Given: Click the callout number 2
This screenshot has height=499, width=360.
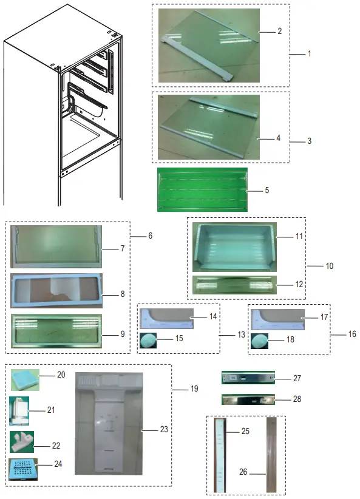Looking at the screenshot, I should [x=279, y=30].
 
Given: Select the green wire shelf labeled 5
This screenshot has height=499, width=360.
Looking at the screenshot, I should [x=202, y=190].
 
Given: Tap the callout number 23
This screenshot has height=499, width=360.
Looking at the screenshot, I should [x=163, y=429].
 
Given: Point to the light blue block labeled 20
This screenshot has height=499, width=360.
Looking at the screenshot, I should [x=24, y=379].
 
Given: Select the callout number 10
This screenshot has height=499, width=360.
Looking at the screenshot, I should [x=329, y=266].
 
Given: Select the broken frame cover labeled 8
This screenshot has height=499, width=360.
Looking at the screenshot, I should [x=56, y=291].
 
